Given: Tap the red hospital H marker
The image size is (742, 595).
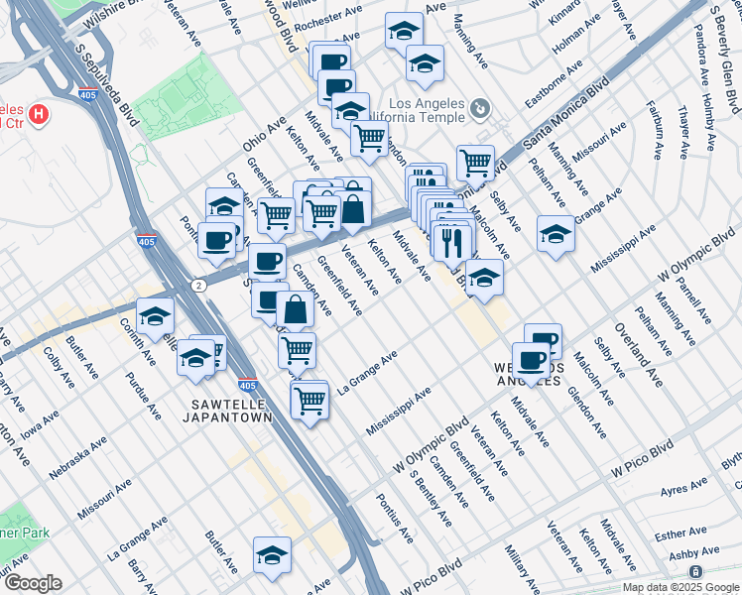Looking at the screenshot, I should tap(39, 115).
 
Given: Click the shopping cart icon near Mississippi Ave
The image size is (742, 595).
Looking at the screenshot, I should tap(310, 401).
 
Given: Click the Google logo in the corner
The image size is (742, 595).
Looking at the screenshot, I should tap(32, 583).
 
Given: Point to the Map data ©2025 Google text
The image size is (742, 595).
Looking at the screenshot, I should tap(680, 587).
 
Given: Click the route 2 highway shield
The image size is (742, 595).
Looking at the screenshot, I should tap(199, 286).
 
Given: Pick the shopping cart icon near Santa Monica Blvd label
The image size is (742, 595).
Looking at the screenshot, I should tap(475, 161).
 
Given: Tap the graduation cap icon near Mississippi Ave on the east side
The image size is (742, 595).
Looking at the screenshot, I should tap(556, 234).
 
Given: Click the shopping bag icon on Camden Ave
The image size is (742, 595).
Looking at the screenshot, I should tap(295, 308).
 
